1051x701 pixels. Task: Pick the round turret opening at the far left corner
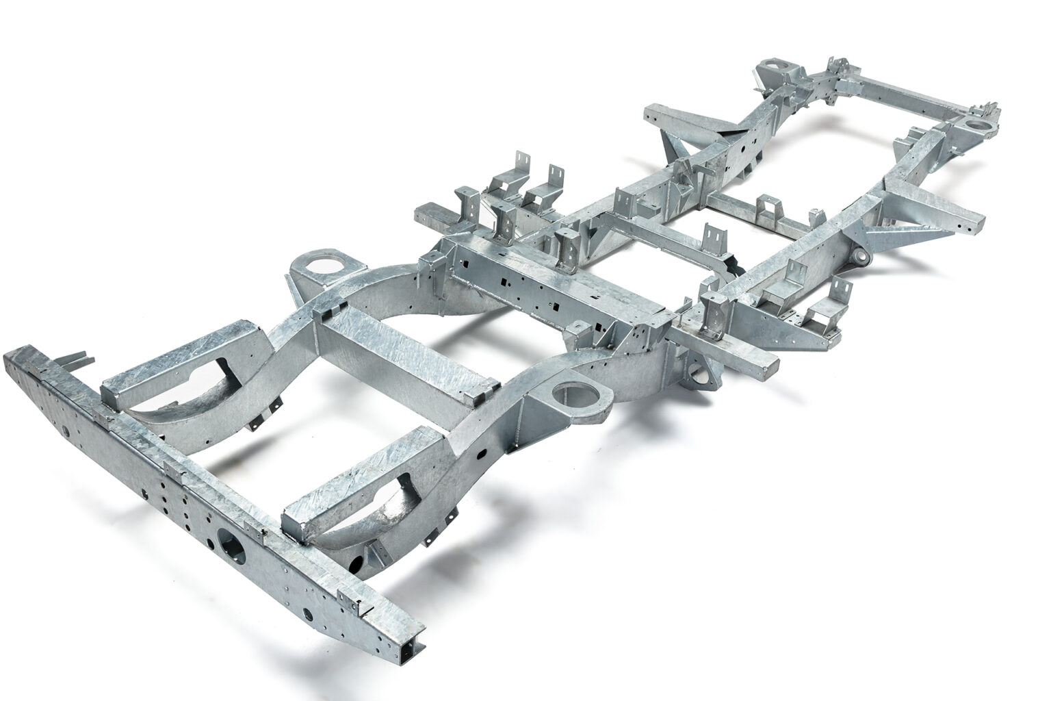775,70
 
